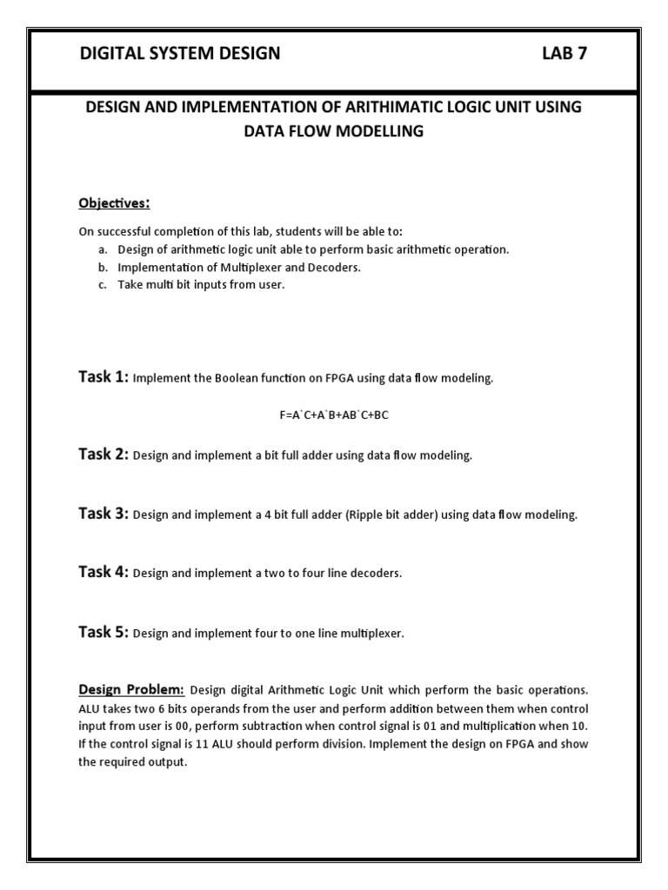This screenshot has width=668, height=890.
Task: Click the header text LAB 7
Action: point(564,54)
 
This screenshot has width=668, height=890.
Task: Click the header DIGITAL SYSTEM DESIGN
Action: point(180,54)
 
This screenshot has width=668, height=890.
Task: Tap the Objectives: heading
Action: point(114,203)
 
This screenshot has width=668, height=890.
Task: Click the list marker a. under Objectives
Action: point(102,249)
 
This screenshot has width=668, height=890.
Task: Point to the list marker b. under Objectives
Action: point(102,268)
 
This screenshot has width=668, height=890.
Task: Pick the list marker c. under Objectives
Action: point(102,285)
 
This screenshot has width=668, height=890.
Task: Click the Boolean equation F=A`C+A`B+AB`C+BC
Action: point(334,415)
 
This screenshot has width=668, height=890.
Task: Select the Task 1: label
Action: point(104,377)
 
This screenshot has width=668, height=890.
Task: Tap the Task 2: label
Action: point(104,455)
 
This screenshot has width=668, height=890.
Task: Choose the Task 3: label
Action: point(104,514)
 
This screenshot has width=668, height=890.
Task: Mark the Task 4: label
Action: point(104,572)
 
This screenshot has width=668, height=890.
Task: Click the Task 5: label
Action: point(104,632)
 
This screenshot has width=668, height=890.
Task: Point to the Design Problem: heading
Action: point(131,690)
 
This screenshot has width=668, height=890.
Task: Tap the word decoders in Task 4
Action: point(376,574)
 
